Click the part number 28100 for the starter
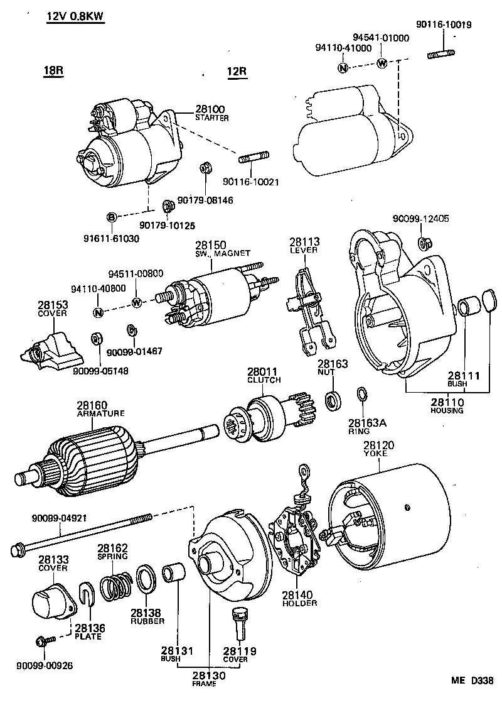(210, 109)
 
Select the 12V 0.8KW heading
(75, 16)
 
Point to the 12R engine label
(237, 72)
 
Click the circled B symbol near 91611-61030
(111, 217)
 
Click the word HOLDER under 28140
(299, 603)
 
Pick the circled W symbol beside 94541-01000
(381, 63)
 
